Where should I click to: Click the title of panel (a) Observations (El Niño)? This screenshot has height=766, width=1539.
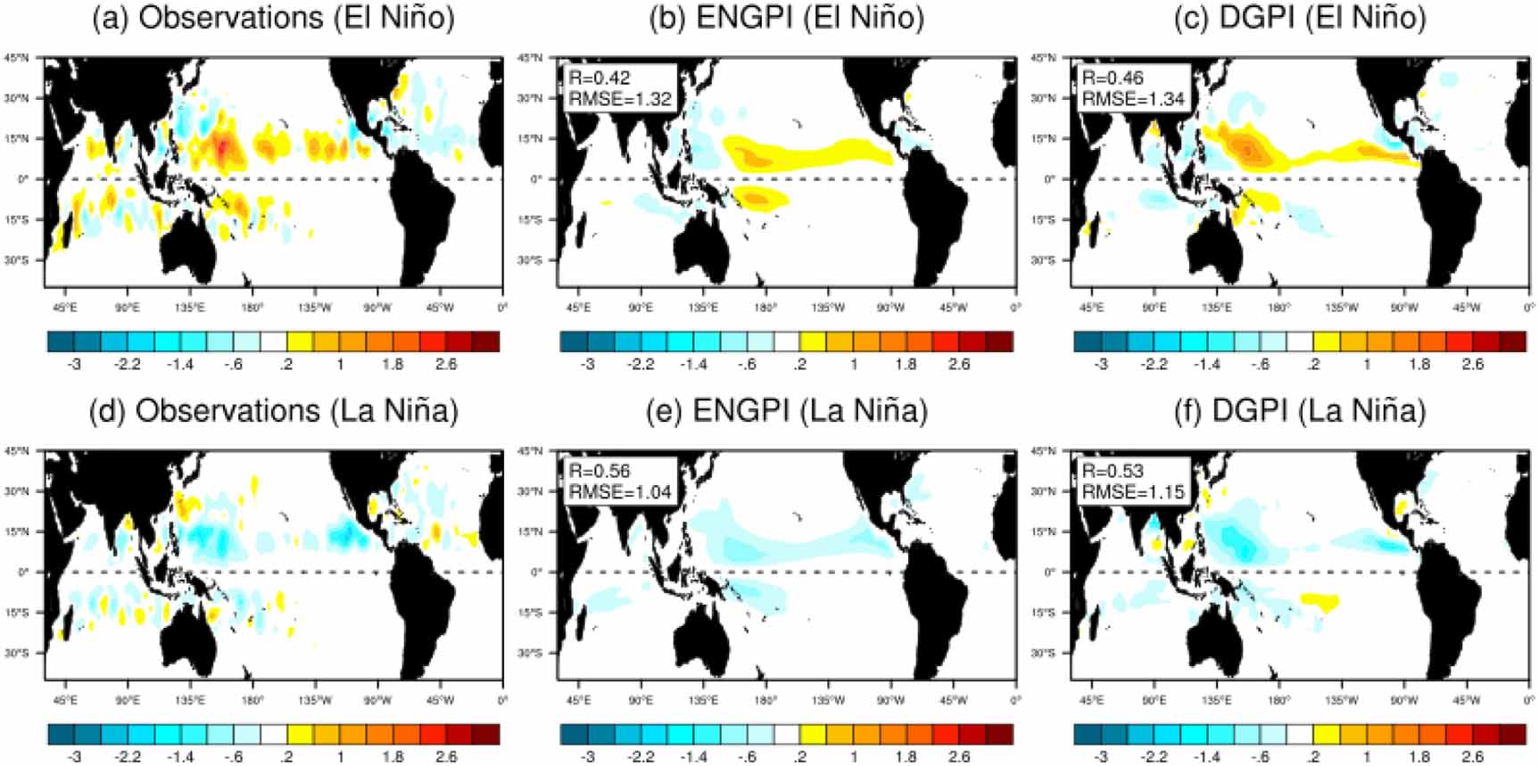click(x=273, y=18)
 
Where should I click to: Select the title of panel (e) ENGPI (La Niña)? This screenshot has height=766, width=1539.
click(x=787, y=410)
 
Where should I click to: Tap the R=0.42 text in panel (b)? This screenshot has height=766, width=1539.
click(x=600, y=78)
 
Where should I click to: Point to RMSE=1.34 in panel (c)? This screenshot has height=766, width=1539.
click(x=1133, y=98)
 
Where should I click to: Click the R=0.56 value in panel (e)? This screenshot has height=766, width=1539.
click(x=600, y=471)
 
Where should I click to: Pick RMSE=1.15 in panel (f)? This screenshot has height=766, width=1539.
click(x=1133, y=491)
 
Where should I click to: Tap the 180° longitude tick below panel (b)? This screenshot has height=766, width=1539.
click(x=765, y=308)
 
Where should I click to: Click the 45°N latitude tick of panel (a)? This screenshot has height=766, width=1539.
click(x=19, y=58)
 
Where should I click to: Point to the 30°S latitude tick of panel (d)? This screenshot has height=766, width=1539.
click(x=19, y=653)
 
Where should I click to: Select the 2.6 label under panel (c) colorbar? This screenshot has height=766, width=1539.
click(x=1472, y=364)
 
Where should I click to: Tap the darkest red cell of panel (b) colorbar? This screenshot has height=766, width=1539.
click(x=999, y=341)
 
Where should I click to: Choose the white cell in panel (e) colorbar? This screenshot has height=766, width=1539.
click(x=787, y=734)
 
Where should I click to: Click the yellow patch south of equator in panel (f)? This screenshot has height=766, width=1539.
click(x=1320, y=602)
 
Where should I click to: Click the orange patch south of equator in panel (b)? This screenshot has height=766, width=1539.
click(x=757, y=198)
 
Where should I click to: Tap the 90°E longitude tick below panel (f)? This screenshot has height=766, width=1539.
click(x=1154, y=701)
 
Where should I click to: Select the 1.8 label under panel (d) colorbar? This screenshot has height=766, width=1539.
click(x=393, y=756)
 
